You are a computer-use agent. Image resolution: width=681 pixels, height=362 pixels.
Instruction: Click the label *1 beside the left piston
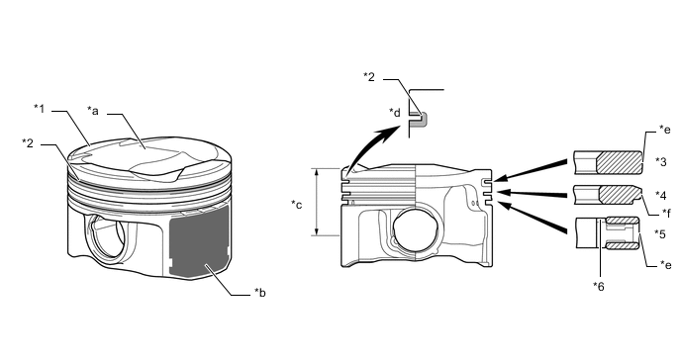[x=40, y=109]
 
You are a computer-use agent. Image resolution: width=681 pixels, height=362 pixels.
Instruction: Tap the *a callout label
[x=93, y=111]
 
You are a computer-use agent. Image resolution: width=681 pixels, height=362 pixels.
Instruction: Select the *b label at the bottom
[x=260, y=293]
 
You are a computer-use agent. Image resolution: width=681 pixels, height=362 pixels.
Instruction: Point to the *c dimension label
[x=297, y=205]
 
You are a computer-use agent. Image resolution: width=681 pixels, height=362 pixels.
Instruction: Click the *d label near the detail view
[x=395, y=113]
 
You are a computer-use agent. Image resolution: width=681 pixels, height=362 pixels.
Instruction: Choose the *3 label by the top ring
[x=660, y=161]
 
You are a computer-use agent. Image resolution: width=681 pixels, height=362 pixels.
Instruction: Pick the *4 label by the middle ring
[x=660, y=196]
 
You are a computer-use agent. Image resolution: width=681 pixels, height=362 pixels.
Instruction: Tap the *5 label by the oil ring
[x=660, y=234]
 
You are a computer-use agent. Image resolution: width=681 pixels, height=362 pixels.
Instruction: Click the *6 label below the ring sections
[x=599, y=287]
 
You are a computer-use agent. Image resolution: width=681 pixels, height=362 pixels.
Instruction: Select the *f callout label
[x=666, y=213]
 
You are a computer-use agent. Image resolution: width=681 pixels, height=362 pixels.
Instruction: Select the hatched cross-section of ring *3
[x=620, y=162]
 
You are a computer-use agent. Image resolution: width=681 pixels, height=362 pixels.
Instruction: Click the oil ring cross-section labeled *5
[x=623, y=233]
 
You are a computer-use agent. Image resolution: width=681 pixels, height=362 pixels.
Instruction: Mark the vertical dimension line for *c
[x=318, y=202]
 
